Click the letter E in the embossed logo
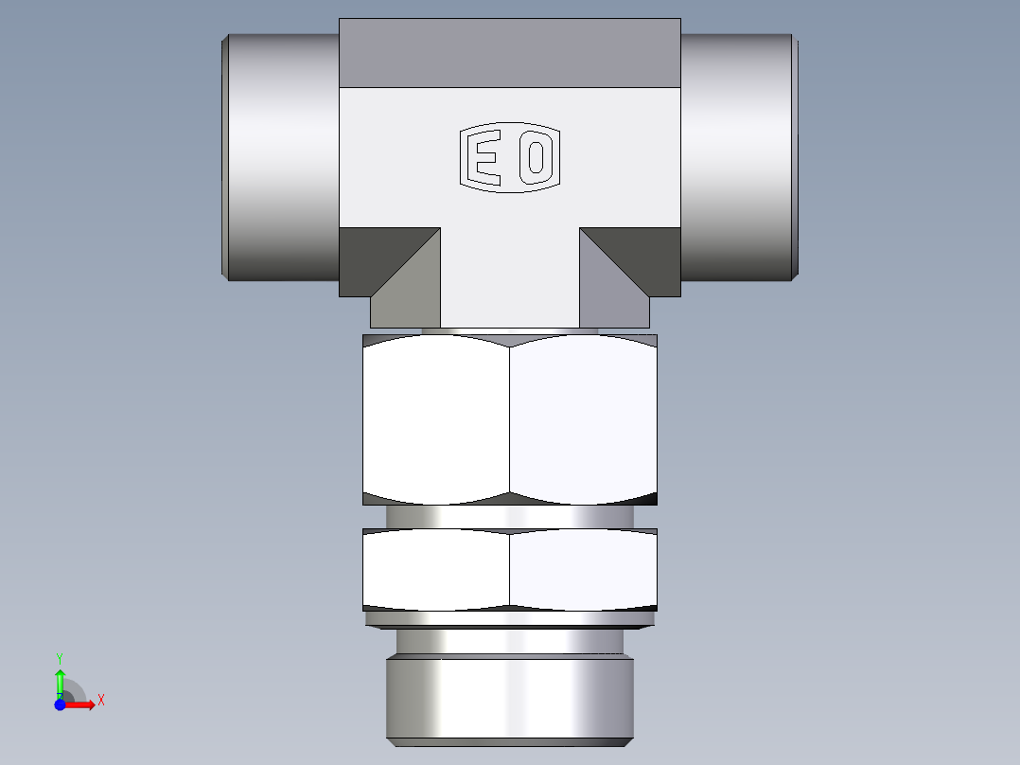pos(486,158)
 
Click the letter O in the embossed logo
pos(536,158)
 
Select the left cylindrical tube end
pos(281,157)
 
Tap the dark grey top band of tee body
pos(510,52)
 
